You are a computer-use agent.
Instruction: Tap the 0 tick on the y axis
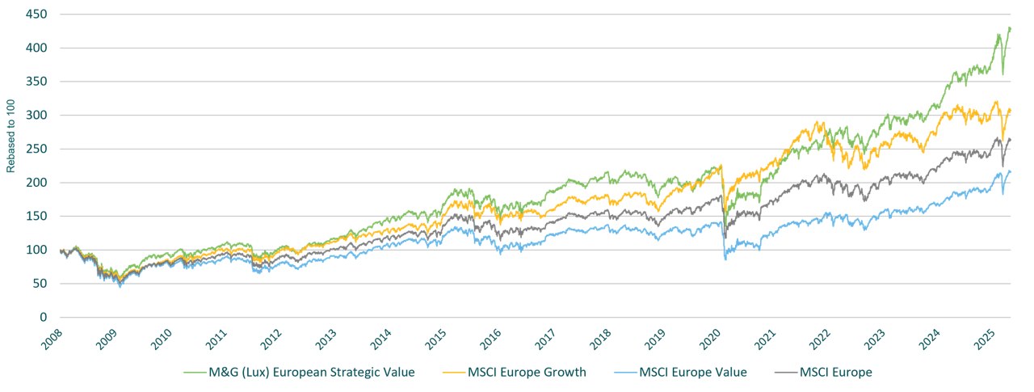[41, 318]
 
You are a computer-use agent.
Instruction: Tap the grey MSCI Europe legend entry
[836, 372]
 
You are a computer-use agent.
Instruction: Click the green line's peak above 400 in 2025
[1009, 28]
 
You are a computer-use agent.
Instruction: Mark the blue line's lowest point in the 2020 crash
[725, 259]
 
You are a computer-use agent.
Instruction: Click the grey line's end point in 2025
[1011, 140]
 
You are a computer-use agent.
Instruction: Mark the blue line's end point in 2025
[1011, 171]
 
